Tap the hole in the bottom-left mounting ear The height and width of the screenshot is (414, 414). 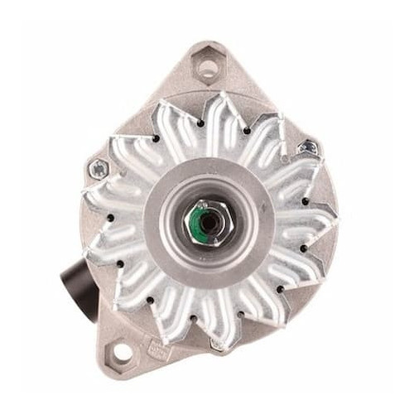click(123, 352)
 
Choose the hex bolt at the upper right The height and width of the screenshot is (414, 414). click(308, 148)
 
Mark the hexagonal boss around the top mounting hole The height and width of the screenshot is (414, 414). click(205, 60)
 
